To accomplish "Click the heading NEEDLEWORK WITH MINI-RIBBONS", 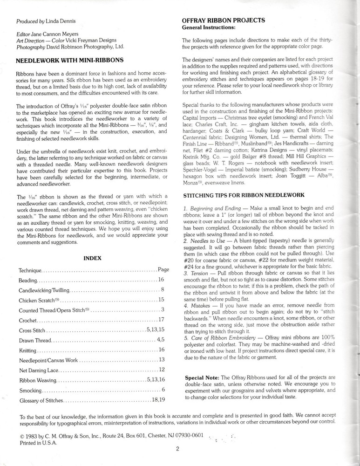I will click(69, 60).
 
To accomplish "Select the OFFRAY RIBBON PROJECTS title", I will click(224, 20).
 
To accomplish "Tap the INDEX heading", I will click(92, 257).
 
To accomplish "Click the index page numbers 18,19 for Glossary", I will click(158, 400).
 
